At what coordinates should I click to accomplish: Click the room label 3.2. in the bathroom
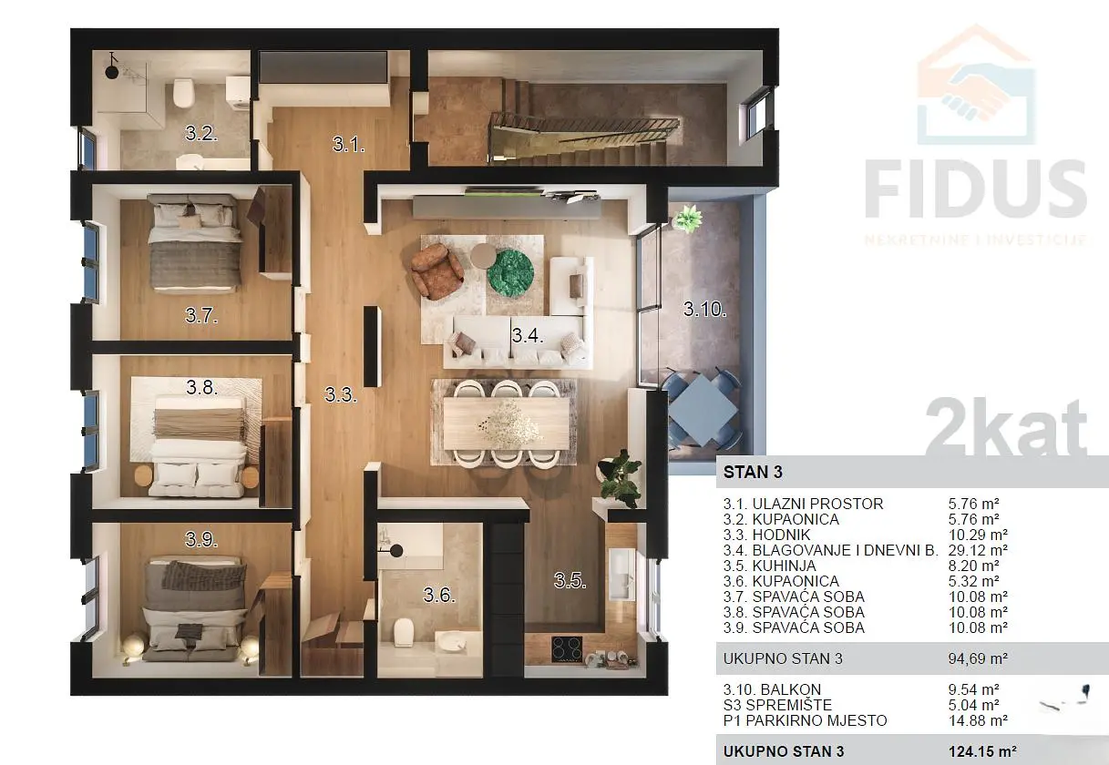[x=201, y=133]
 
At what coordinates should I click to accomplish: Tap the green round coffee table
[x=510, y=273]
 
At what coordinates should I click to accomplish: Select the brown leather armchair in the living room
[x=436, y=271]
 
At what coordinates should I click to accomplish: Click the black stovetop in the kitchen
[x=567, y=649]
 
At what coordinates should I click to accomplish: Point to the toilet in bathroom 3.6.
[x=404, y=632]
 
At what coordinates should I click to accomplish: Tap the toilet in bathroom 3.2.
[x=182, y=92]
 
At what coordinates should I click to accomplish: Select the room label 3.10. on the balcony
[x=705, y=310]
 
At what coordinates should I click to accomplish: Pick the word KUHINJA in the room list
[x=785, y=566]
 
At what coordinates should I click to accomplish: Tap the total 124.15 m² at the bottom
[x=982, y=751]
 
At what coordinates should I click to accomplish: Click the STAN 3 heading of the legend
[x=753, y=472]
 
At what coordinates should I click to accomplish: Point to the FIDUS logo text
[x=975, y=189]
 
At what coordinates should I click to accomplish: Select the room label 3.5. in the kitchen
[x=570, y=580]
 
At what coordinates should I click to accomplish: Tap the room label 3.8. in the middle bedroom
[x=201, y=387]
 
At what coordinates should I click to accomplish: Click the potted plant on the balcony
[x=688, y=219]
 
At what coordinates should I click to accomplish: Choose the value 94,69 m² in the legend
[x=978, y=658]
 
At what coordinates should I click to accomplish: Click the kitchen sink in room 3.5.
[x=621, y=574]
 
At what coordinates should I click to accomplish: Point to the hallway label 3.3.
[x=341, y=394]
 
